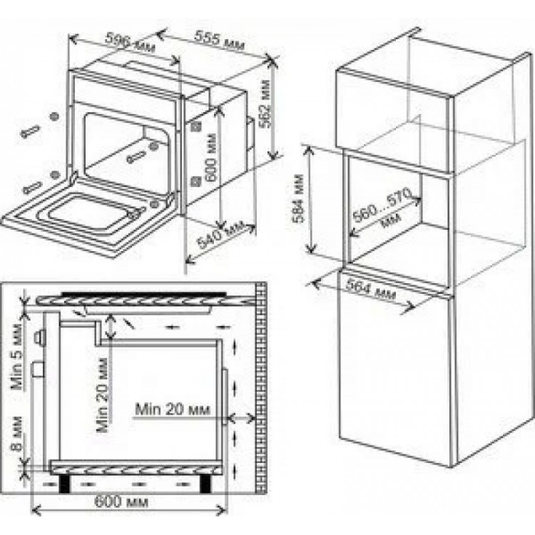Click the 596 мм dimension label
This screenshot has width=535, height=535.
130,42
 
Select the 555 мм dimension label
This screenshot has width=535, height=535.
220,40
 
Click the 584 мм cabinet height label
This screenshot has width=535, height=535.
298,198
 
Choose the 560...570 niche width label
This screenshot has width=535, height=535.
382,208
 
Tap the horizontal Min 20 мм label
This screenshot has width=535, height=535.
173,409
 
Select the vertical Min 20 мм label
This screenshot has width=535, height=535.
102,394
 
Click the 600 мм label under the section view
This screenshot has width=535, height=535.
121,501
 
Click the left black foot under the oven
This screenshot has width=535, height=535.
65,484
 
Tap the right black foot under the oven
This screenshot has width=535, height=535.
205,484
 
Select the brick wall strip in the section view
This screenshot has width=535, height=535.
261,389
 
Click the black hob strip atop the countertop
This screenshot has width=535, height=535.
143,293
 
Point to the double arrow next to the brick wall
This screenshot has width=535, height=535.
242,417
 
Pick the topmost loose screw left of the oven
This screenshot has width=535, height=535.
31,131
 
